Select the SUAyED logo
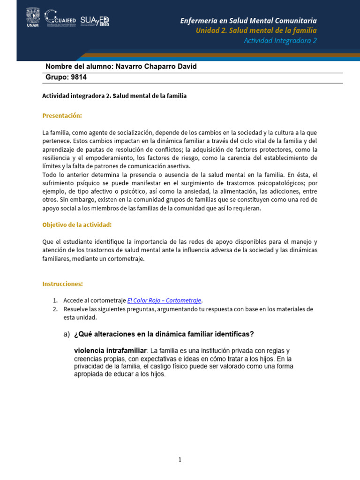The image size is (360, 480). click(x=94, y=21)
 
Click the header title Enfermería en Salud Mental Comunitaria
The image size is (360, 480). click(x=248, y=21)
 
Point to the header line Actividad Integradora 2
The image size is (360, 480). click(x=280, y=40)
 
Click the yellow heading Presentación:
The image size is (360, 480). click(x=62, y=115)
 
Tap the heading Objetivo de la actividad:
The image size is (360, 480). click(x=77, y=225)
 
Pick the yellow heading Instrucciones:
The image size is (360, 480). click(x=62, y=284)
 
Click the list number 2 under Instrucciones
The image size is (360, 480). click(x=55, y=309)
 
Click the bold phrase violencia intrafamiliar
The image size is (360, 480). click(x=110, y=351)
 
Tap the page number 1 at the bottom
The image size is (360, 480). click(x=180, y=460)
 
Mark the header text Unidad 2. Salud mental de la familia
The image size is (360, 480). click(x=256, y=30)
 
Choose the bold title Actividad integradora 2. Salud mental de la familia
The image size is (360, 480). click(x=114, y=96)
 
